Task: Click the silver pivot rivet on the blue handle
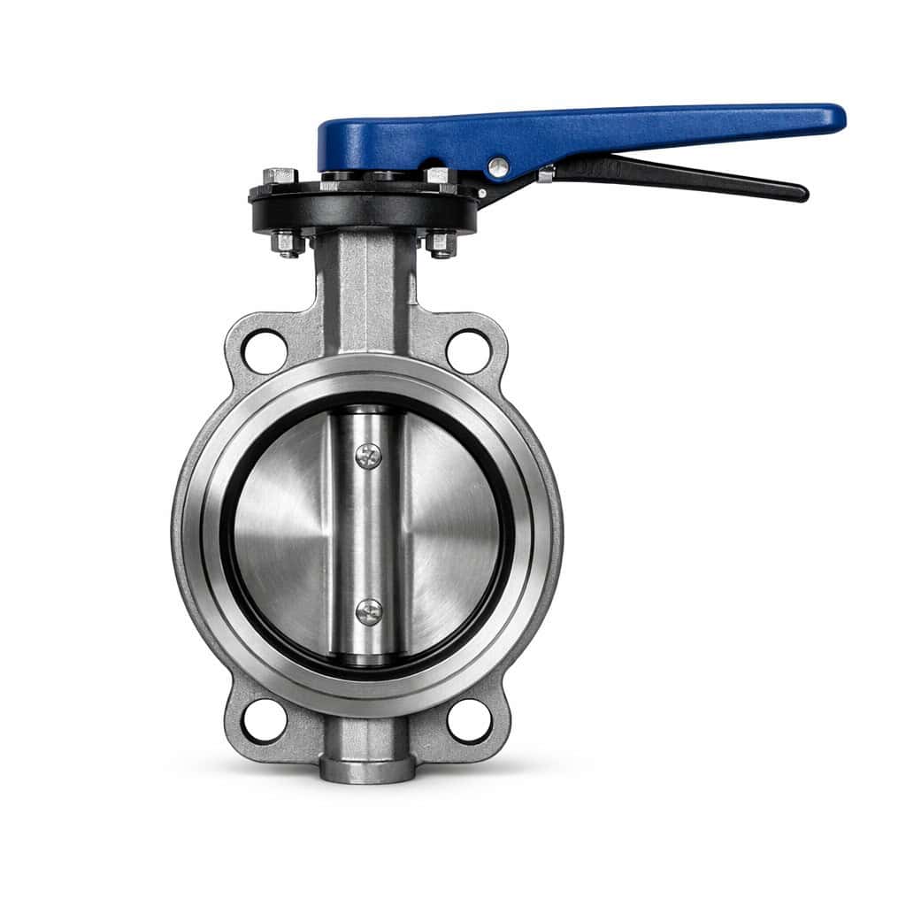point(499,165)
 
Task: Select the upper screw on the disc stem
point(368,456)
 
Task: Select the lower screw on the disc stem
point(368,610)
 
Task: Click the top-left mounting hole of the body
point(265,351)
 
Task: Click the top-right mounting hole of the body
point(469,351)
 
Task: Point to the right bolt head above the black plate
point(438,175)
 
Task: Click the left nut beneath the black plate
point(288,242)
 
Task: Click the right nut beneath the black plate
point(441,242)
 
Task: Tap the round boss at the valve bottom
point(367,768)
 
